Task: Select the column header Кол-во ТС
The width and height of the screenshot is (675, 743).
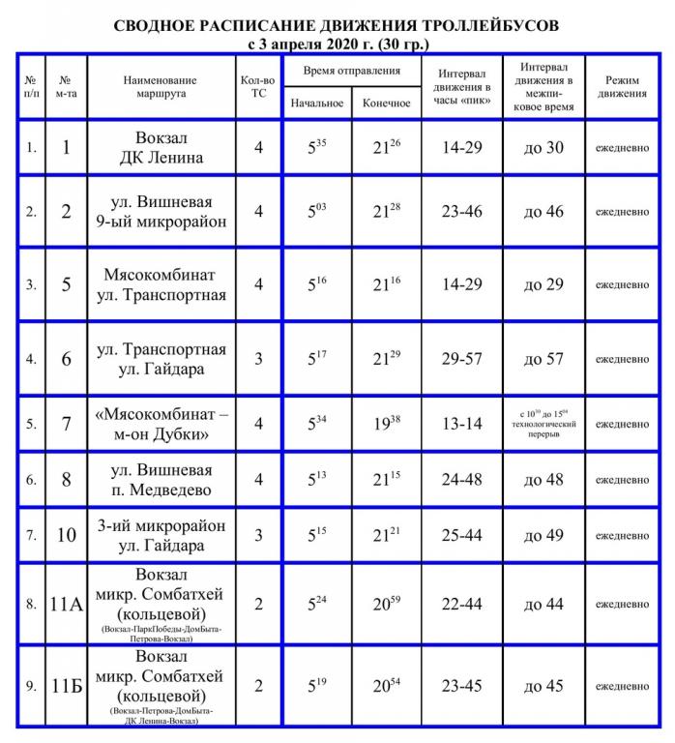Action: pyautogui.click(x=258, y=87)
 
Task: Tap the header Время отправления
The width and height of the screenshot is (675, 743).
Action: pyautogui.click(x=351, y=73)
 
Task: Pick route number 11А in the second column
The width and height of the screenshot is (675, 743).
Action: pyautogui.click(x=66, y=605)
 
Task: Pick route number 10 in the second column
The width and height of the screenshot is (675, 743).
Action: pyautogui.click(x=66, y=535)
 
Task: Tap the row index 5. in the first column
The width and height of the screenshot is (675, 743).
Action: pyautogui.click(x=31, y=424)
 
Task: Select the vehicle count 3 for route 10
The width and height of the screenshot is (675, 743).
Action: pyautogui.click(x=258, y=535)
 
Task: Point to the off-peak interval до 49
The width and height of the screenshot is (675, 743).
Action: pyautogui.click(x=544, y=535)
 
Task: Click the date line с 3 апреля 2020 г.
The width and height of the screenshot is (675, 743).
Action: pyautogui.click(x=337, y=44)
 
